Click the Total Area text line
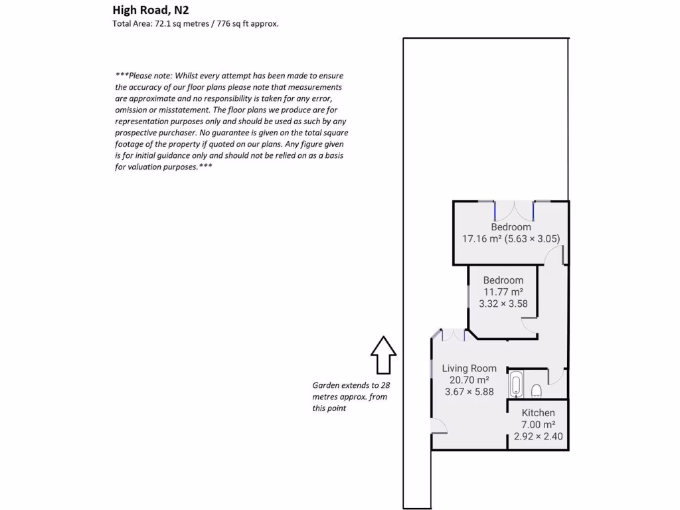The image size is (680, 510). coord(196,24)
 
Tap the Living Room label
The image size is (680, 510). coord(469,368)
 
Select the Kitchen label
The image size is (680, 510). coord(538,412)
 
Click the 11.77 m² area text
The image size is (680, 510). coord(503,292)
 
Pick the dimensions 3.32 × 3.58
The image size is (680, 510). coord(503,303)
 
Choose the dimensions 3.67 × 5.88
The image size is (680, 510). coord(469,392)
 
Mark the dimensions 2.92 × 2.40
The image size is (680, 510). coord(538,437)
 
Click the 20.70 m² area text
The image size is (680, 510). coord(469,380)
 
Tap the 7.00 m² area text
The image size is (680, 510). coord(538,425)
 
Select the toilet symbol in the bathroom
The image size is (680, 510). coord(537,390)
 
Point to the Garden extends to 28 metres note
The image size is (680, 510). coord(350,396)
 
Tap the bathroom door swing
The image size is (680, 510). coord(556,377)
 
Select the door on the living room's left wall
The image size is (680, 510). coord(437,426)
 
